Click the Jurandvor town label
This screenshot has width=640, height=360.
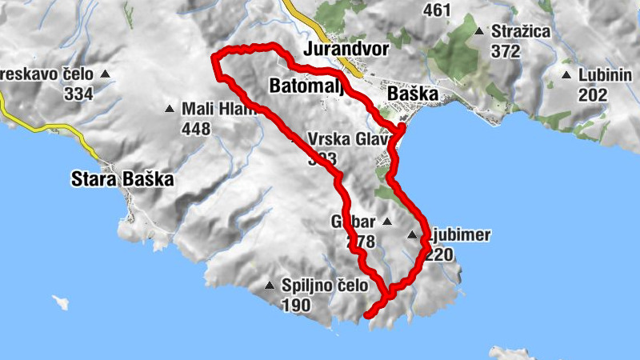[x=346, y=50]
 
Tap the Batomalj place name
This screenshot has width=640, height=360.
[x=306, y=85]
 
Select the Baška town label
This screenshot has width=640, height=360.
[x=413, y=94]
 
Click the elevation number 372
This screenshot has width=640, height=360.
[x=506, y=52]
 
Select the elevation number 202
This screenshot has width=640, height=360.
[x=593, y=95]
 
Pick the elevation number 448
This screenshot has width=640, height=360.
[x=196, y=129]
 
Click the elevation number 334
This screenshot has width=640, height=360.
[x=79, y=94]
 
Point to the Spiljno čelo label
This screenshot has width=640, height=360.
[x=325, y=285]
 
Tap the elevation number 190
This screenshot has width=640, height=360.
[x=296, y=305]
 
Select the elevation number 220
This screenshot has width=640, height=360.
[x=439, y=255]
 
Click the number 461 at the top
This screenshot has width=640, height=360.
[x=438, y=10]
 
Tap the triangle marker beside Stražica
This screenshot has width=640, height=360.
[x=479, y=32]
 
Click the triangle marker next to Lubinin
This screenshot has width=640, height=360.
[x=567, y=76]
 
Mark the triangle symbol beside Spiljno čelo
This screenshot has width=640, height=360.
[x=270, y=286]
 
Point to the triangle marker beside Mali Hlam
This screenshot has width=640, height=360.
[x=170, y=110]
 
